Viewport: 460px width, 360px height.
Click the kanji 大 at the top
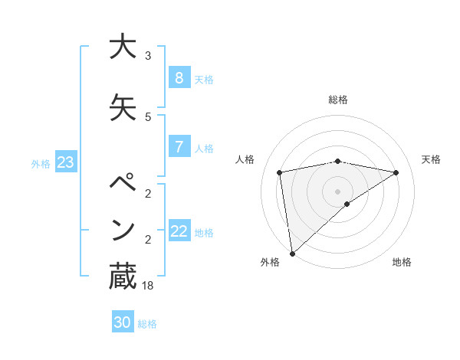[x=122, y=47]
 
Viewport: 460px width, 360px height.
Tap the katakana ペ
[x=122, y=185]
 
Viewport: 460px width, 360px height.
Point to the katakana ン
[x=122, y=229]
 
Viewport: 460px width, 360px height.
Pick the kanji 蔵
[x=122, y=276]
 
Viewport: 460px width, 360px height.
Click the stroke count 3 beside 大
[x=148, y=56]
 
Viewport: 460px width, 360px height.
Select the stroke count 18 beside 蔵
[x=149, y=286]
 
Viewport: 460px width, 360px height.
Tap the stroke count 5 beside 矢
[x=148, y=116]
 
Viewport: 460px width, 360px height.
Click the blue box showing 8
[x=179, y=77]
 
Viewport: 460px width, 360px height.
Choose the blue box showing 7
[x=179, y=147]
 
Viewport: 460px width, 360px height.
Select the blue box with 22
[x=179, y=231]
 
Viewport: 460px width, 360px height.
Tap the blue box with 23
[x=65, y=162]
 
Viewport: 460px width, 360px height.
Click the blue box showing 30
[x=122, y=322]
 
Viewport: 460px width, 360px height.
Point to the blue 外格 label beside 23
[x=41, y=163]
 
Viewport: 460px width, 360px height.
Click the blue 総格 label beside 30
[x=148, y=324]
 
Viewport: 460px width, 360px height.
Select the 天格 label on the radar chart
[x=432, y=159]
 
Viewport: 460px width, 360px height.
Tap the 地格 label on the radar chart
[x=402, y=262]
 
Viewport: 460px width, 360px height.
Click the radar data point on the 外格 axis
[x=291, y=253]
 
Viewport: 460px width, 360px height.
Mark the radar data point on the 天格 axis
[x=396, y=172]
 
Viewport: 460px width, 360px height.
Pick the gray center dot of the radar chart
[x=337, y=190]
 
